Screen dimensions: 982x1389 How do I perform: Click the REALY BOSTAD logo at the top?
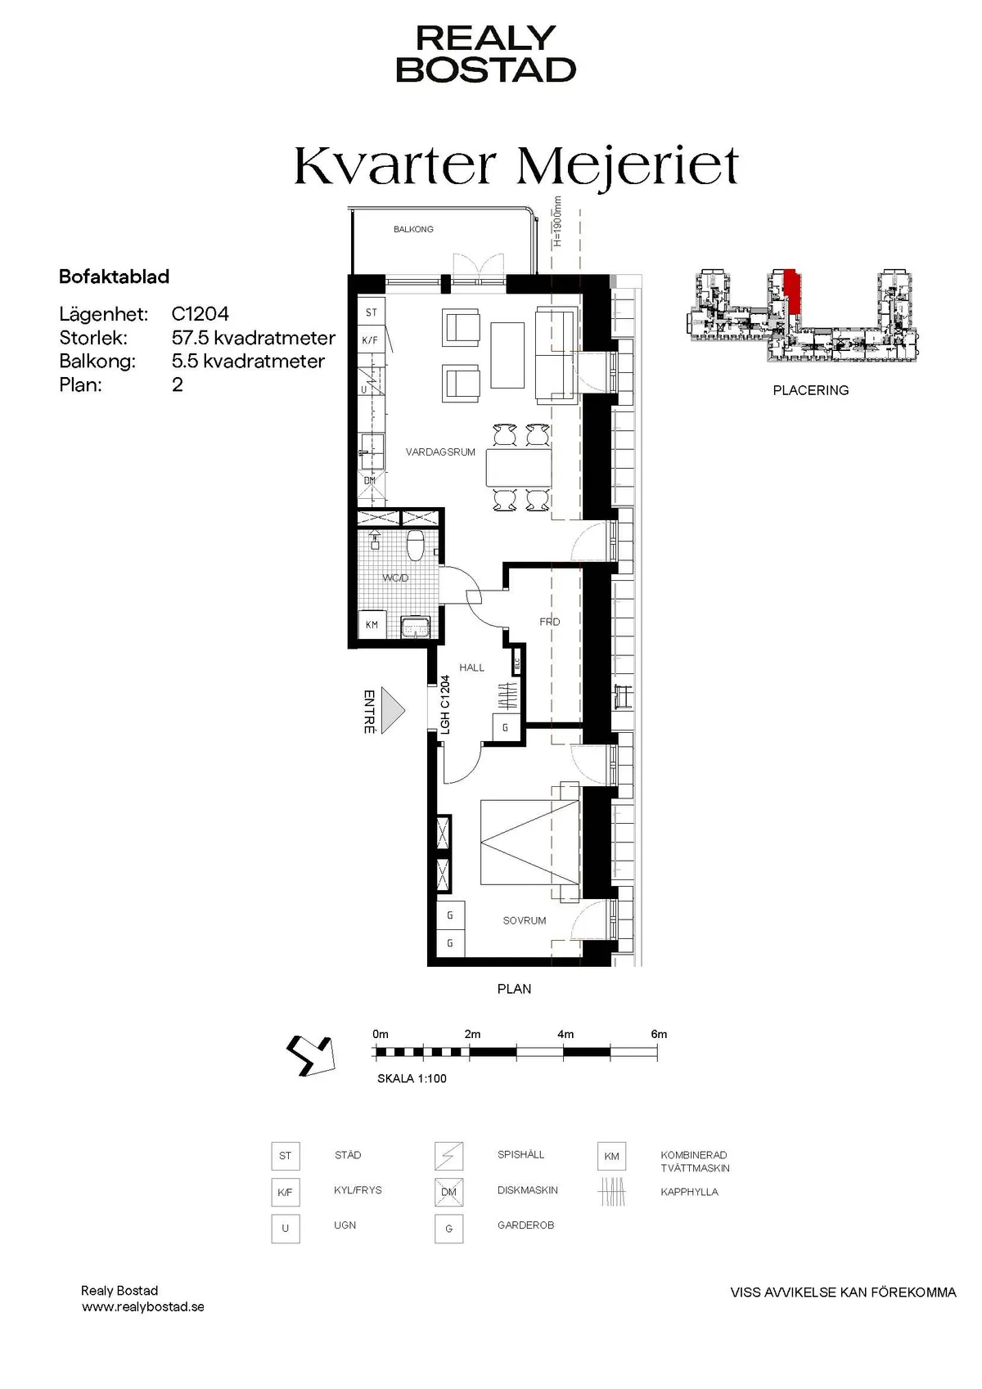pos(486,54)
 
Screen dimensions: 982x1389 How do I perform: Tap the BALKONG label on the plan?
pos(413,229)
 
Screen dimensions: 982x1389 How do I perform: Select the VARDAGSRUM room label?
pos(440,452)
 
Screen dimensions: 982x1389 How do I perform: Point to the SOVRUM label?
pos(525,921)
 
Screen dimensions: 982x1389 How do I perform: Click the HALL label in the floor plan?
pos(471,668)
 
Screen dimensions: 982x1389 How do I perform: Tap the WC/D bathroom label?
pos(395,578)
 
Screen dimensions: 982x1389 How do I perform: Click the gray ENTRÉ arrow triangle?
pos(393,710)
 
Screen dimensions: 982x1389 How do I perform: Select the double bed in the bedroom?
pos(529,842)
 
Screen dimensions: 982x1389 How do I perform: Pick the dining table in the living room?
pos(519,468)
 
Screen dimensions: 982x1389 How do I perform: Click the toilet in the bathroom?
pos(415,545)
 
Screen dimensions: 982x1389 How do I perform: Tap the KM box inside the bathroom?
pos(372,624)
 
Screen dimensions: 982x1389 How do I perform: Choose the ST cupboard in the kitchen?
pos(371,312)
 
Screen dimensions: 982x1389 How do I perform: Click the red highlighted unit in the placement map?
pos(792,291)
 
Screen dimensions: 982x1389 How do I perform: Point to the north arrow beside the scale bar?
pos(311,1056)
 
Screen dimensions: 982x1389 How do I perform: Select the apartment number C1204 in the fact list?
pos(200,314)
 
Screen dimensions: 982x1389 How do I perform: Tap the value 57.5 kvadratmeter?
pos(254,338)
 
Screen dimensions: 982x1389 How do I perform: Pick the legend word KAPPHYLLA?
pos(689,1192)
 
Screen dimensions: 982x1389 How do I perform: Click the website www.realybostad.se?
pos(142,1307)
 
